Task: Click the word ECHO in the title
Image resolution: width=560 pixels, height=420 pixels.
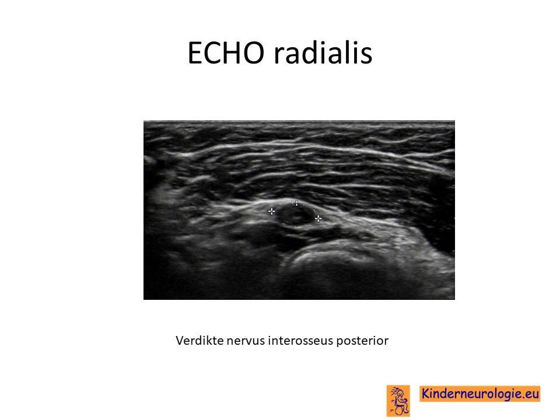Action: pos(226,53)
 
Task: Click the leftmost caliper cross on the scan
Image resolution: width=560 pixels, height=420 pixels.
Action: pos(271,211)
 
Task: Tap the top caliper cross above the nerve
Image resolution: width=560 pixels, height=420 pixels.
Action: pos(296,204)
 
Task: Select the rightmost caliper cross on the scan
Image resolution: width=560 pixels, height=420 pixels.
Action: pos(318,218)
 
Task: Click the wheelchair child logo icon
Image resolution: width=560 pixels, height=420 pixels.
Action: pos(398,400)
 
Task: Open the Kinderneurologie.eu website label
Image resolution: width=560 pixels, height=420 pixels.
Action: pos(480,394)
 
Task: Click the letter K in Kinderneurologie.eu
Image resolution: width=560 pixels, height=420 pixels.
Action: pos(426,394)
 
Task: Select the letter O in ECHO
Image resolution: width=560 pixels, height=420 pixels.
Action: pos(254,53)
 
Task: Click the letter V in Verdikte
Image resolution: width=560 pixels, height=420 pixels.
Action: pos(180,341)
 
